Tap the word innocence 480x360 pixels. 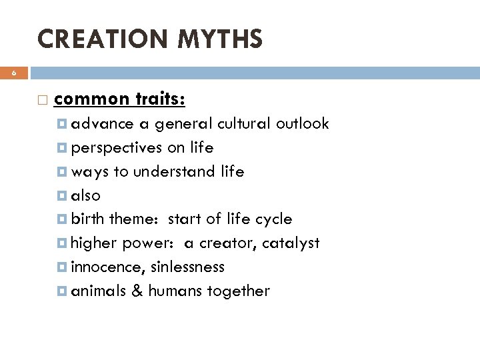(x=104, y=267)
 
